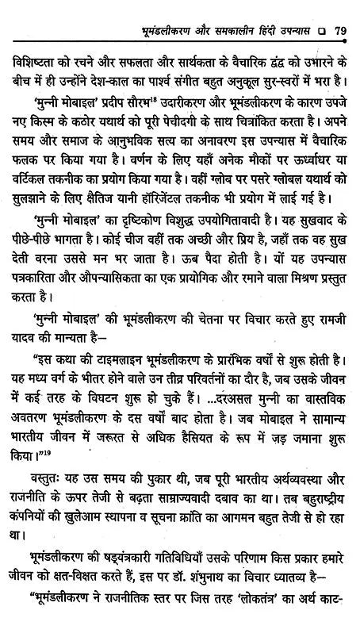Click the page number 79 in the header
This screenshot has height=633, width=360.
coord(339,11)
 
